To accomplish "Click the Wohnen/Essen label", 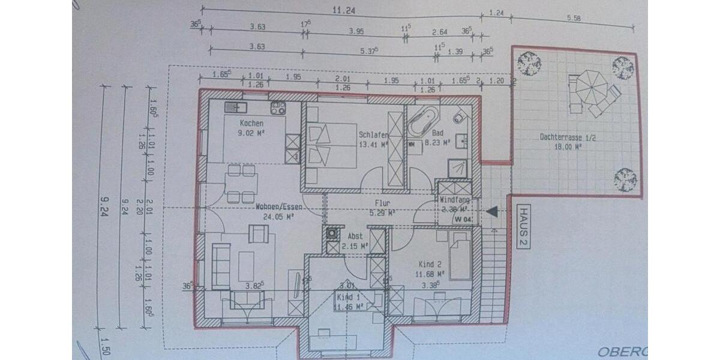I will (x=279, y=206).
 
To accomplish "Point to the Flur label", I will (x=383, y=203).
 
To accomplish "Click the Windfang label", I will (x=454, y=200).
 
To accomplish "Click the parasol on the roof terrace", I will (x=590, y=88).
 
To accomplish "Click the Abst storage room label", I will (x=355, y=236).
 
